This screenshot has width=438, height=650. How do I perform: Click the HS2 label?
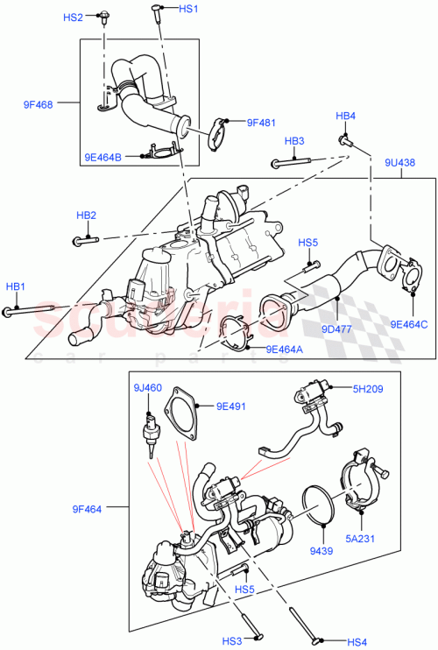(x=74, y=18)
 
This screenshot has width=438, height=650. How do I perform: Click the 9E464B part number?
(x=105, y=158)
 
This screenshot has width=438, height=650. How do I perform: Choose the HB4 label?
(x=345, y=116)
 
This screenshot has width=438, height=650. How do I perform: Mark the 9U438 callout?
(x=399, y=163)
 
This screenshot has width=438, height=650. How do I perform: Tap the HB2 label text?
(x=86, y=215)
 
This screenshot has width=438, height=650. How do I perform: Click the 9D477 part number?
(x=337, y=329)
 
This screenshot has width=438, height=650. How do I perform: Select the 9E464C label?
(x=407, y=325)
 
